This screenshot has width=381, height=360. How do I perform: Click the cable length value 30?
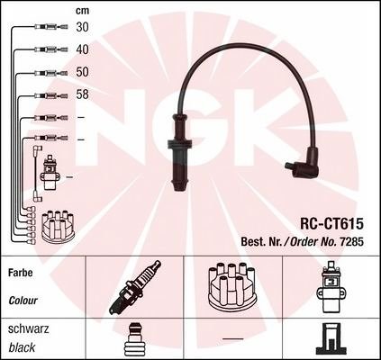82,27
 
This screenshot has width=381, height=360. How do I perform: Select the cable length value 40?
82,49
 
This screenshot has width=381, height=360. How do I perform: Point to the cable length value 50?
82,72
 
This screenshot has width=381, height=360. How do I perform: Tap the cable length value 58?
82,94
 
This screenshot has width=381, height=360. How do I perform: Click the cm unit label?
82,11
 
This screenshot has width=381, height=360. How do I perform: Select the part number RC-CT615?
331,223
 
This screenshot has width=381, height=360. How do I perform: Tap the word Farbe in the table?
21,273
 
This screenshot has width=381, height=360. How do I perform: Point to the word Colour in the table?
23,301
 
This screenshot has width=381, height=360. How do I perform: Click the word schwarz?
28,329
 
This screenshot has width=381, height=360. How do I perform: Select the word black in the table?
22,347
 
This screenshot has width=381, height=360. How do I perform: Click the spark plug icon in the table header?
134,287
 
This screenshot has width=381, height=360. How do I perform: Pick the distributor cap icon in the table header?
231,286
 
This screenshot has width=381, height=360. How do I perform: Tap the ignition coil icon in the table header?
331,287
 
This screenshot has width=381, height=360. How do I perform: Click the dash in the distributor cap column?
233,339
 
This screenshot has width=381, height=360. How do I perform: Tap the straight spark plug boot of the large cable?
179,153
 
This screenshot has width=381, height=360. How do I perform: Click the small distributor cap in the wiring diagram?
58,226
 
